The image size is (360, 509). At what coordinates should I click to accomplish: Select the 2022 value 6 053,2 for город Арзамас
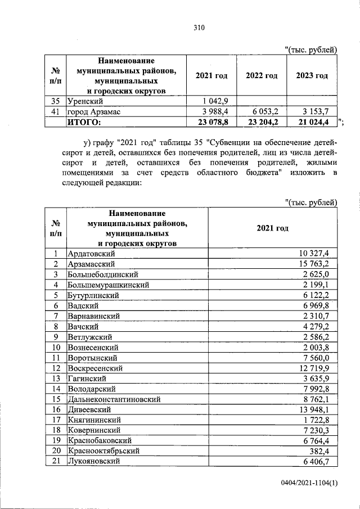point(262,112)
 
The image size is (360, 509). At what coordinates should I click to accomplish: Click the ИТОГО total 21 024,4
point(313,121)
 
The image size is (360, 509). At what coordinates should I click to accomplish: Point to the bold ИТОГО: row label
point(84,121)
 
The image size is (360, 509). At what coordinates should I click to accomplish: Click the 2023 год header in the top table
point(313,76)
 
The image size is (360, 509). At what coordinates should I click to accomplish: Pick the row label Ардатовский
point(91,254)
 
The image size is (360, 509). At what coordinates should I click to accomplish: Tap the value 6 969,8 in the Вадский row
point(320,305)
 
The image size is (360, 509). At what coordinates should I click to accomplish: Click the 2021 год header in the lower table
point(272,228)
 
